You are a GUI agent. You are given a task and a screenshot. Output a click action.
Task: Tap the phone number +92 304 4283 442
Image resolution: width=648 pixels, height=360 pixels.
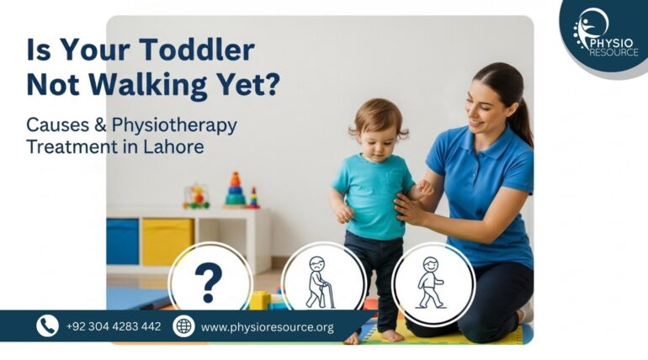(x=114, y=326)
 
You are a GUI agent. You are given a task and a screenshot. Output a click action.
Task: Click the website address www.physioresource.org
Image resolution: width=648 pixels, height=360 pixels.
(x=267, y=326)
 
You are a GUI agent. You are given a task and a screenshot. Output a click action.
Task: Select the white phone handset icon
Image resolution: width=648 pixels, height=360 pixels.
(x=47, y=326)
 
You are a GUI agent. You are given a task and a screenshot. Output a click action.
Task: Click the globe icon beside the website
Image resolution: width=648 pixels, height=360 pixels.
(x=183, y=326)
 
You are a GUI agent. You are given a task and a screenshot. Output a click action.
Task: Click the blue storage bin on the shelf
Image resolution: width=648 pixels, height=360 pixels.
(x=122, y=241)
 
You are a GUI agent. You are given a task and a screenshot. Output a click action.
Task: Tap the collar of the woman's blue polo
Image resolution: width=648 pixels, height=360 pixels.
(x=471, y=135)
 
